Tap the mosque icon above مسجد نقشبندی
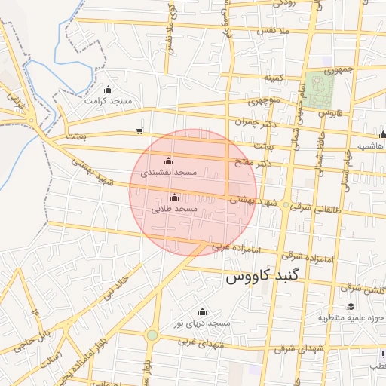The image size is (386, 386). [167, 161]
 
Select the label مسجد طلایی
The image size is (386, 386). [174, 208]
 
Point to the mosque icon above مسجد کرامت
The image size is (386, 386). [108, 89]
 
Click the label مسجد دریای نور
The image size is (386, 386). [201, 323]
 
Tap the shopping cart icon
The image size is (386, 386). [139, 131]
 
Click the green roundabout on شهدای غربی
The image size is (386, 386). [152, 335]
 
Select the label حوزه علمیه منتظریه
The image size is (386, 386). [351, 318]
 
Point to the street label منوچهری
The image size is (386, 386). [265, 100]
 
